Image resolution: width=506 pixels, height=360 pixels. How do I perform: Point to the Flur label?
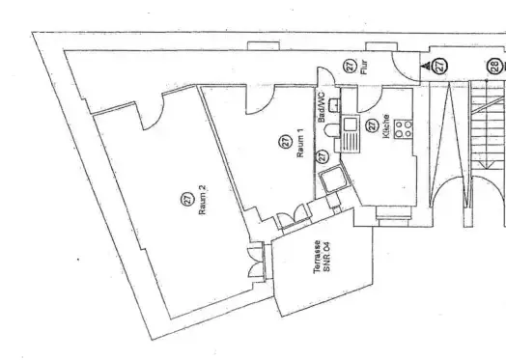[x=364, y=68]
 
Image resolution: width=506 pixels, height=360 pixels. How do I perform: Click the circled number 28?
[x=493, y=66]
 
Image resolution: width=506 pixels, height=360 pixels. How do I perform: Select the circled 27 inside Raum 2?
[x=185, y=199]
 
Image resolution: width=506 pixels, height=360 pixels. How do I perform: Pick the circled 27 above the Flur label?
[x=350, y=66]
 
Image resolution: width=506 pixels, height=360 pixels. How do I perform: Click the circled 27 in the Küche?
[x=372, y=125]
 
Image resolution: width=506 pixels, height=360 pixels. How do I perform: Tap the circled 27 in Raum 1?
[x=286, y=141]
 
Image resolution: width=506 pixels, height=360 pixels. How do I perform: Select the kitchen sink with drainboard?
[x=351, y=136]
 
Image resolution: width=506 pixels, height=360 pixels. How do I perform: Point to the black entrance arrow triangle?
[x=426, y=66]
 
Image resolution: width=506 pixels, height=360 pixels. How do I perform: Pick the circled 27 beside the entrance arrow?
[x=441, y=66]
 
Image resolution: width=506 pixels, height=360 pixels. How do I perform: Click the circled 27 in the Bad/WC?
[x=323, y=153]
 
